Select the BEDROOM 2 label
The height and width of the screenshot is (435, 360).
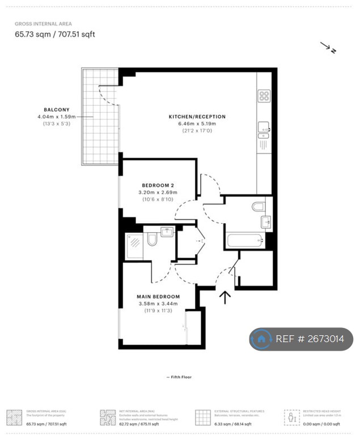click(158, 185)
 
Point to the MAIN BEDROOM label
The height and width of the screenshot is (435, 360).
click(158, 296)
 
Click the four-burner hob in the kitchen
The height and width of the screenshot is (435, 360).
click(264, 96)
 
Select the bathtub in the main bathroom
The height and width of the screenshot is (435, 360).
click(245, 241)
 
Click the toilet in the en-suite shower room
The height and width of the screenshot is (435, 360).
click(152, 240)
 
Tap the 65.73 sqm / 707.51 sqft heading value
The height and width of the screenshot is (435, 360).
click(55, 34)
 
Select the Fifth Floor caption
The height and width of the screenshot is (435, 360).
click(179, 377)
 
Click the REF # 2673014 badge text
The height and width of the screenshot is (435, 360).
click(310, 339)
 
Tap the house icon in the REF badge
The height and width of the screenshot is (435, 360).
click(261, 339)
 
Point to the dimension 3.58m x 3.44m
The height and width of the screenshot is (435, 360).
click(158, 303)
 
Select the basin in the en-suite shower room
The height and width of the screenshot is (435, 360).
click(166, 232)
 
